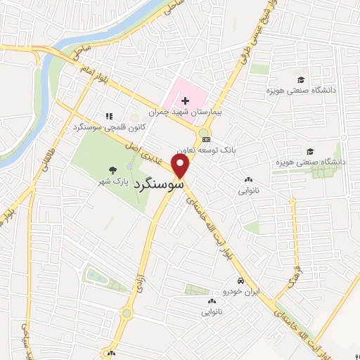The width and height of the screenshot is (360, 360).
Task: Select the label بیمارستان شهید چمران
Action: [x=181, y=112]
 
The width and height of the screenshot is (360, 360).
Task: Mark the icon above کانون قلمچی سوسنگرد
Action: [x=108, y=115]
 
